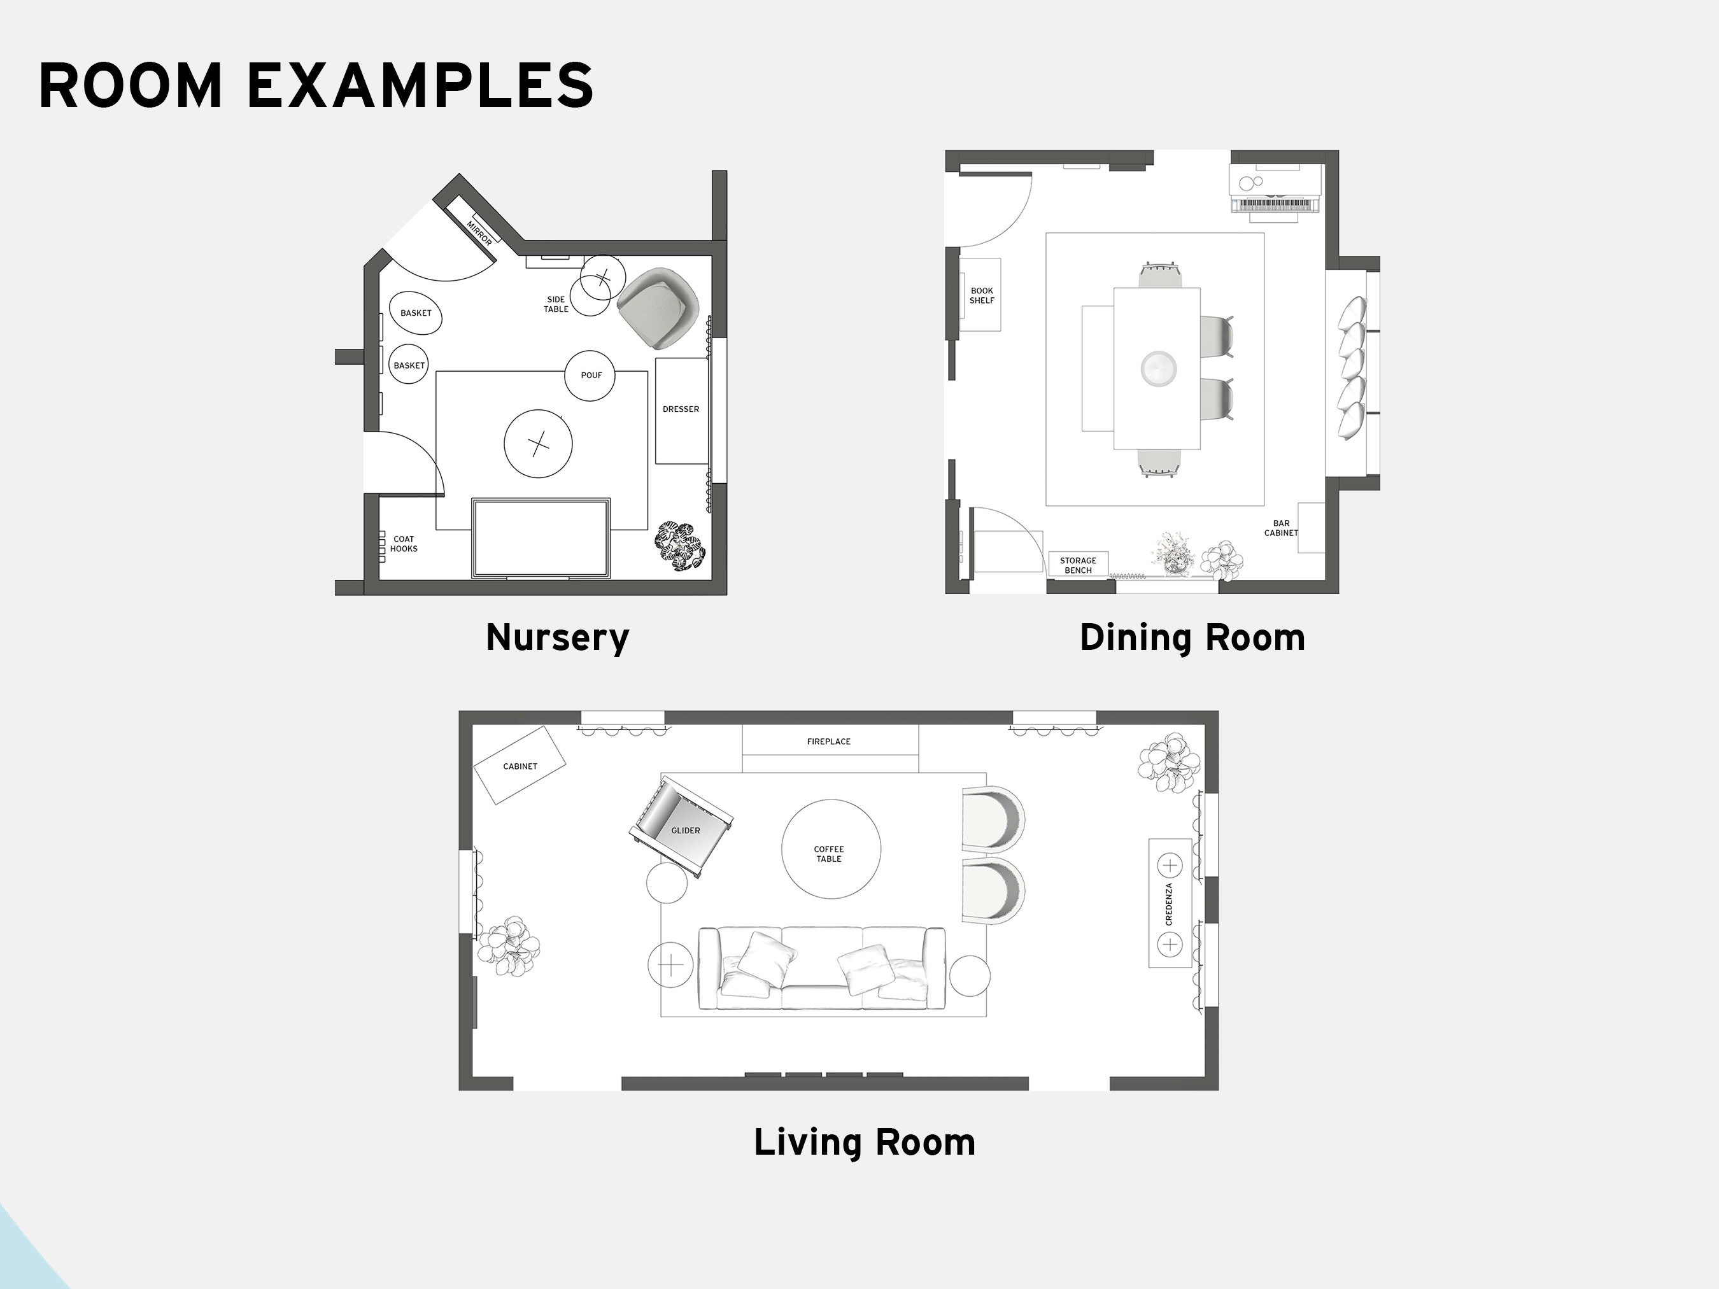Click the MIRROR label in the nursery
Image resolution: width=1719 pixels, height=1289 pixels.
[479, 232]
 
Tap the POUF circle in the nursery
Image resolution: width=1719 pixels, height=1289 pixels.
[591, 376]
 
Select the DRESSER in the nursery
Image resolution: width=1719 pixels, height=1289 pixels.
[681, 409]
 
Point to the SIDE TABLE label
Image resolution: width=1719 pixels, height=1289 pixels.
[556, 304]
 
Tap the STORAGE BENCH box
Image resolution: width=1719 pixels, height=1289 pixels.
[1078, 565]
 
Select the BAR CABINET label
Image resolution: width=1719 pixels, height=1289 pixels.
[1281, 528]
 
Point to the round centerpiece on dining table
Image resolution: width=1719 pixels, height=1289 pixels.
[1158, 369]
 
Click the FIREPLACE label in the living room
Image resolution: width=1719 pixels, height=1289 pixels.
[828, 741]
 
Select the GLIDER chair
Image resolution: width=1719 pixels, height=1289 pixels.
[681, 828]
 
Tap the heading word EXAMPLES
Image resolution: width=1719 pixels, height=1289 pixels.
[420, 85]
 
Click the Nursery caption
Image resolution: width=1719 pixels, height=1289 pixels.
[557, 638]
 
